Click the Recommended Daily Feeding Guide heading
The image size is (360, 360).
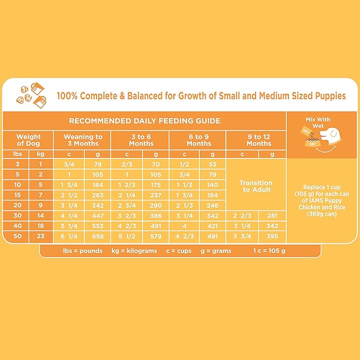click(144, 121)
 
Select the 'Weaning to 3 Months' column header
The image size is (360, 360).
click(83, 140)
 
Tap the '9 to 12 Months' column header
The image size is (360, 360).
click(258, 140)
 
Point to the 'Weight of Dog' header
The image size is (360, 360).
click(28, 140)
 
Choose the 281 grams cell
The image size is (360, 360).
click(273, 215)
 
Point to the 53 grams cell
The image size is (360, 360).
click(213, 164)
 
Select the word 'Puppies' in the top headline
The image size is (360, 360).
click(327, 96)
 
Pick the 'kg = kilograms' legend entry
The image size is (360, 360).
click(134, 251)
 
